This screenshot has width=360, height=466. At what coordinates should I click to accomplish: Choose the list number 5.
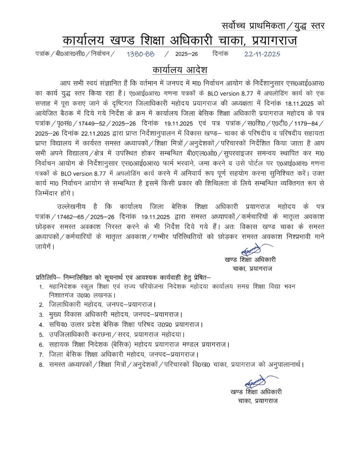41,334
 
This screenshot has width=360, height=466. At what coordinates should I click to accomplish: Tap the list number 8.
41,365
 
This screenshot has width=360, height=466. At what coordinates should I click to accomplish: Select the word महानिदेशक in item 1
67,287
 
